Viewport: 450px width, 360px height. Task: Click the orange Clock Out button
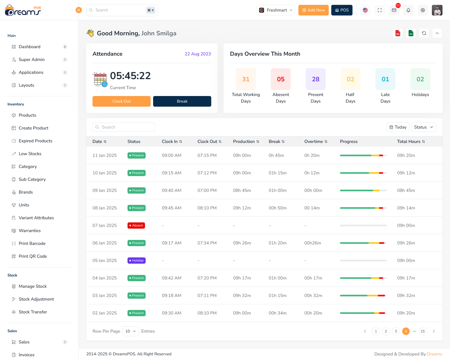click(x=121, y=101)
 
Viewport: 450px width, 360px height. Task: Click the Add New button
click(x=313, y=10)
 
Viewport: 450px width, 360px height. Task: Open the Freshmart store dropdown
click(x=276, y=10)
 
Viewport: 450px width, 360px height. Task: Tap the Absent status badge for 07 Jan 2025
click(x=136, y=226)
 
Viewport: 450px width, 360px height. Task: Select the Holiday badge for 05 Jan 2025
click(x=137, y=261)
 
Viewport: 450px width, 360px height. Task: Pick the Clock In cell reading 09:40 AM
click(x=172, y=190)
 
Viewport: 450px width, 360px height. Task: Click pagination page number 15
click(x=422, y=331)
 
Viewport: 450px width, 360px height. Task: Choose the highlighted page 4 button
click(x=406, y=331)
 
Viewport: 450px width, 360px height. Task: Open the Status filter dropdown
click(x=423, y=127)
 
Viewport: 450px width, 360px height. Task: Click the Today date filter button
click(x=398, y=127)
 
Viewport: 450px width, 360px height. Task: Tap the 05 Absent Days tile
click(x=281, y=79)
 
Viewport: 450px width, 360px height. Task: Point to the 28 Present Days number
click(x=316, y=79)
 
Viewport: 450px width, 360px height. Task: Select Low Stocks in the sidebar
click(x=30, y=154)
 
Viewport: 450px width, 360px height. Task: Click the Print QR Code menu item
click(x=33, y=256)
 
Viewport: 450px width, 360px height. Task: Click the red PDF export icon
click(x=398, y=33)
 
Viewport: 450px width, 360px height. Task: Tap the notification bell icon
click(x=408, y=10)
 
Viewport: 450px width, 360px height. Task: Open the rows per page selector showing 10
click(x=131, y=331)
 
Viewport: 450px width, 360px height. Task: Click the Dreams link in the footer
click(x=434, y=354)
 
